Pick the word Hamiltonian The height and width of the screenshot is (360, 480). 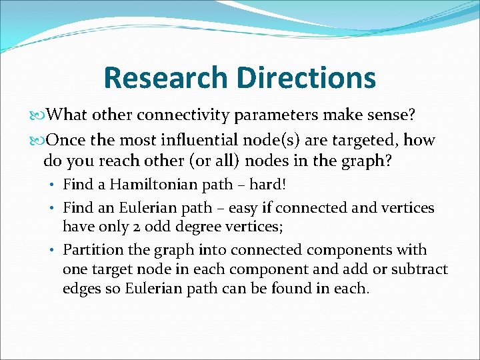coord(143,185)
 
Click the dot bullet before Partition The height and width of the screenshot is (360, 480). coord(55,251)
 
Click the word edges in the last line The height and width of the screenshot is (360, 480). coord(81,289)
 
